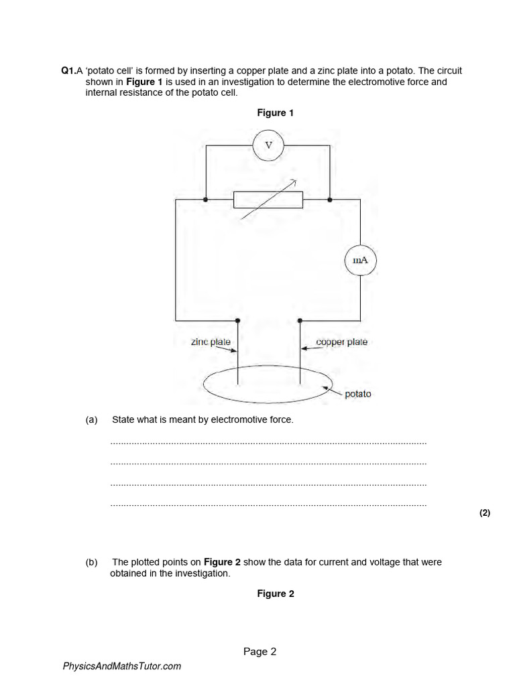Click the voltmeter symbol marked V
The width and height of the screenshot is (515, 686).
(x=268, y=145)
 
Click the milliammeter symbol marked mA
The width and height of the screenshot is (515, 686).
(x=361, y=261)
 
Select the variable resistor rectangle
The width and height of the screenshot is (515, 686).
(x=268, y=199)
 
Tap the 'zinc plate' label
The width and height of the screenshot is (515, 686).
(x=211, y=342)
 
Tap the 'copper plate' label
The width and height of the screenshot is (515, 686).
(x=341, y=342)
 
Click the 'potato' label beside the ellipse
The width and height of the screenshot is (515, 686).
(x=357, y=394)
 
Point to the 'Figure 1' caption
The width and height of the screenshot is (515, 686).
(x=275, y=113)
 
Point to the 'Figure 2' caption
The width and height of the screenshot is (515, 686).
(x=275, y=594)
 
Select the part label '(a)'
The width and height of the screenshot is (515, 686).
(x=92, y=420)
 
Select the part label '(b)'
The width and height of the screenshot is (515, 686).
(x=92, y=562)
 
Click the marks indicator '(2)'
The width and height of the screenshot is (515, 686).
(x=485, y=513)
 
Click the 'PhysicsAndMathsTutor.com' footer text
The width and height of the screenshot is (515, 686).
(x=121, y=666)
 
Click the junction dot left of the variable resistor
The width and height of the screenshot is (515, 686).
(x=205, y=199)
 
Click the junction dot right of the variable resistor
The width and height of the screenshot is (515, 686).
(x=330, y=199)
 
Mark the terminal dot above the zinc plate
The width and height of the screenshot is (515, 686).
(x=239, y=320)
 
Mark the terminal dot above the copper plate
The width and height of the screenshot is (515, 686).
(x=299, y=320)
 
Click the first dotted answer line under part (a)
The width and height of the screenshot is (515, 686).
(x=268, y=443)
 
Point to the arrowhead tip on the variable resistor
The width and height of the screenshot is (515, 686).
(x=296, y=180)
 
